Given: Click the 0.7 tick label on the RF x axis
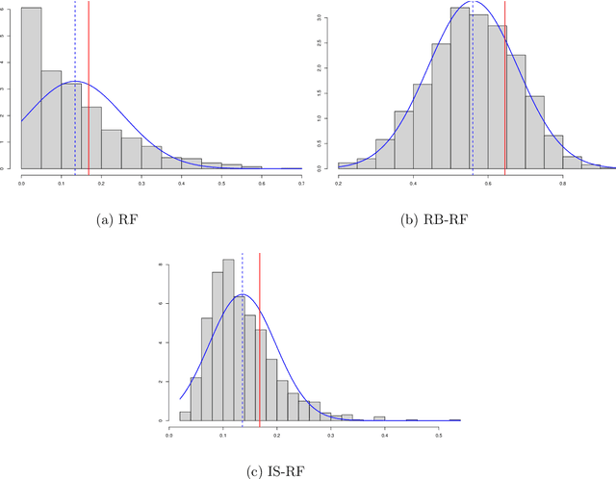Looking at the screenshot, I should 299,182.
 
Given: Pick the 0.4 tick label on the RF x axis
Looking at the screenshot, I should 180,182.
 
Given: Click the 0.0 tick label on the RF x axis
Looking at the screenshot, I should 21,182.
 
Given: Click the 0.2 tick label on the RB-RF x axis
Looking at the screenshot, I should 339,182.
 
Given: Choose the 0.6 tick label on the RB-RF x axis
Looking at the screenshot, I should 488,182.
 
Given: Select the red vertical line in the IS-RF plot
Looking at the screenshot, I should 260,337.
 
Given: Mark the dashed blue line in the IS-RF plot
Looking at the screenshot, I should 243,337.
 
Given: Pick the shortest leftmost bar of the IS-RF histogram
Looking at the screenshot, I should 185,416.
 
